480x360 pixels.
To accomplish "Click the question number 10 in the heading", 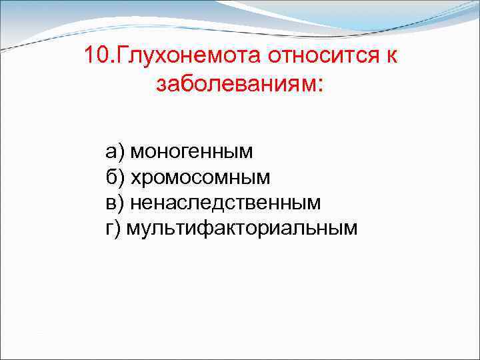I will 96,55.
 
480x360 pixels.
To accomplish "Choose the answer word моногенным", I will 192,152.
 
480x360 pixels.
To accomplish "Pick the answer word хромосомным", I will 201,177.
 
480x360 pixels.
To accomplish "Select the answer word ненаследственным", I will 225,203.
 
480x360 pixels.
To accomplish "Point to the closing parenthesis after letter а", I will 121,152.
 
